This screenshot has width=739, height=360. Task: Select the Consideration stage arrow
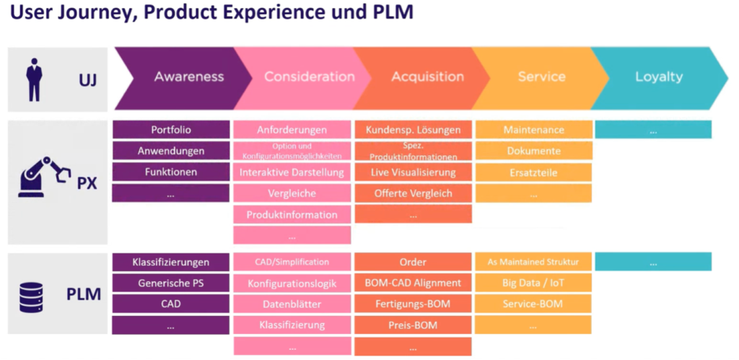click(309, 76)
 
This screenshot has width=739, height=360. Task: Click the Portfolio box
click(171, 130)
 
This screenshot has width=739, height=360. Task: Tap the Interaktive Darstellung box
click(292, 172)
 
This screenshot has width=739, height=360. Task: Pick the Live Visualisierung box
click(413, 172)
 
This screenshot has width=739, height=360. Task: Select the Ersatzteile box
click(533, 172)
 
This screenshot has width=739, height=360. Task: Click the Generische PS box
click(171, 284)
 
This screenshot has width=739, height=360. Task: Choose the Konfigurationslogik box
click(292, 284)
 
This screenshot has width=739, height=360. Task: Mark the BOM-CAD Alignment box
click(413, 284)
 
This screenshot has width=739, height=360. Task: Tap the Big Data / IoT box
click(533, 284)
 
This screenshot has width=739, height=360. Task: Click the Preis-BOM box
click(413, 325)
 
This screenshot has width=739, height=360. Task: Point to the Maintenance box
click(533, 130)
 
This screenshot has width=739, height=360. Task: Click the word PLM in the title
click(388, 13)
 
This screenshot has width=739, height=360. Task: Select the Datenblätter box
click(292, 304)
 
